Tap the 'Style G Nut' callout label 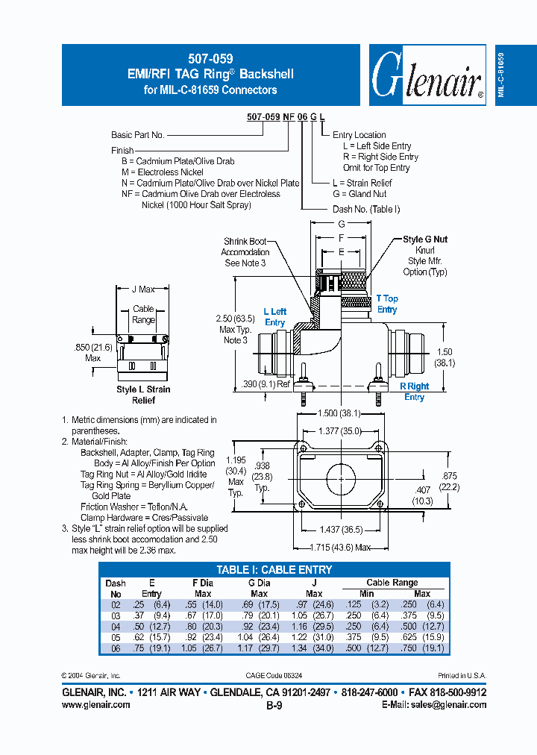(425, 239)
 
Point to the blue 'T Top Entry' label (387, 304)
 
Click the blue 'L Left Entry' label (274, 317)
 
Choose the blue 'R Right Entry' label (414, 392)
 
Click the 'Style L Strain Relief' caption (143, 395)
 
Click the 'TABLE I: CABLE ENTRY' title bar (274, 570)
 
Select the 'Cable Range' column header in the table (392, 583)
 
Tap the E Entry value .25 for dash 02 (138, 605)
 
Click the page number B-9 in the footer (274, 704)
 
